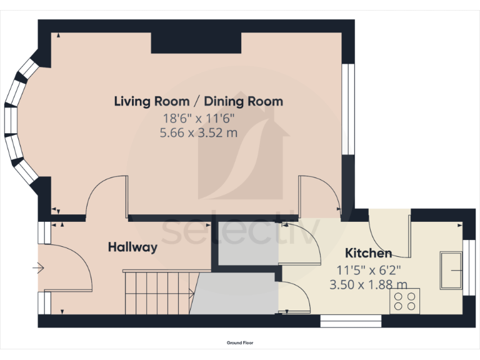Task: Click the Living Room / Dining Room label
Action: pyautogui.click(x=198, y=101)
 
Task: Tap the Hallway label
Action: pyautogui.click(x=132, y=247)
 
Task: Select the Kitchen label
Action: pyautogui.click(x=368, y=253)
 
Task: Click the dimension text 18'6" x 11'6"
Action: pyautogui.click(x=198, y=118)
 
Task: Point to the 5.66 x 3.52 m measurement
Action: pyautogui.click(x=198, y=133)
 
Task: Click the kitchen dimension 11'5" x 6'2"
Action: pyautogui.click(x=369, y=270)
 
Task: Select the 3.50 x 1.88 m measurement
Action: pyautogui.click(x=368, y=285)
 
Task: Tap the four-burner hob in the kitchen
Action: pyautogui.click(x=404, y=301)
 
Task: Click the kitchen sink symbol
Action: pyautogui.click(x=451, y=270)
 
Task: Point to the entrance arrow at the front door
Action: pyautogui.click(x=38, y=268)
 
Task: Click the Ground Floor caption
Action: pyautogui.click(x=240, y=343)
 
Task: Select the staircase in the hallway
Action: pyautogui.click(x=159, y=292)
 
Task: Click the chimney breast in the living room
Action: pyautogui.click(x=196, y=43)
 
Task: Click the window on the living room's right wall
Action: pyautogui.click(x=348, y=109)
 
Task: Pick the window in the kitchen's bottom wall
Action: pyautogui.click(x=351, y=321)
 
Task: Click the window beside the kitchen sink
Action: pyautogui.click(x=469, y=267)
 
